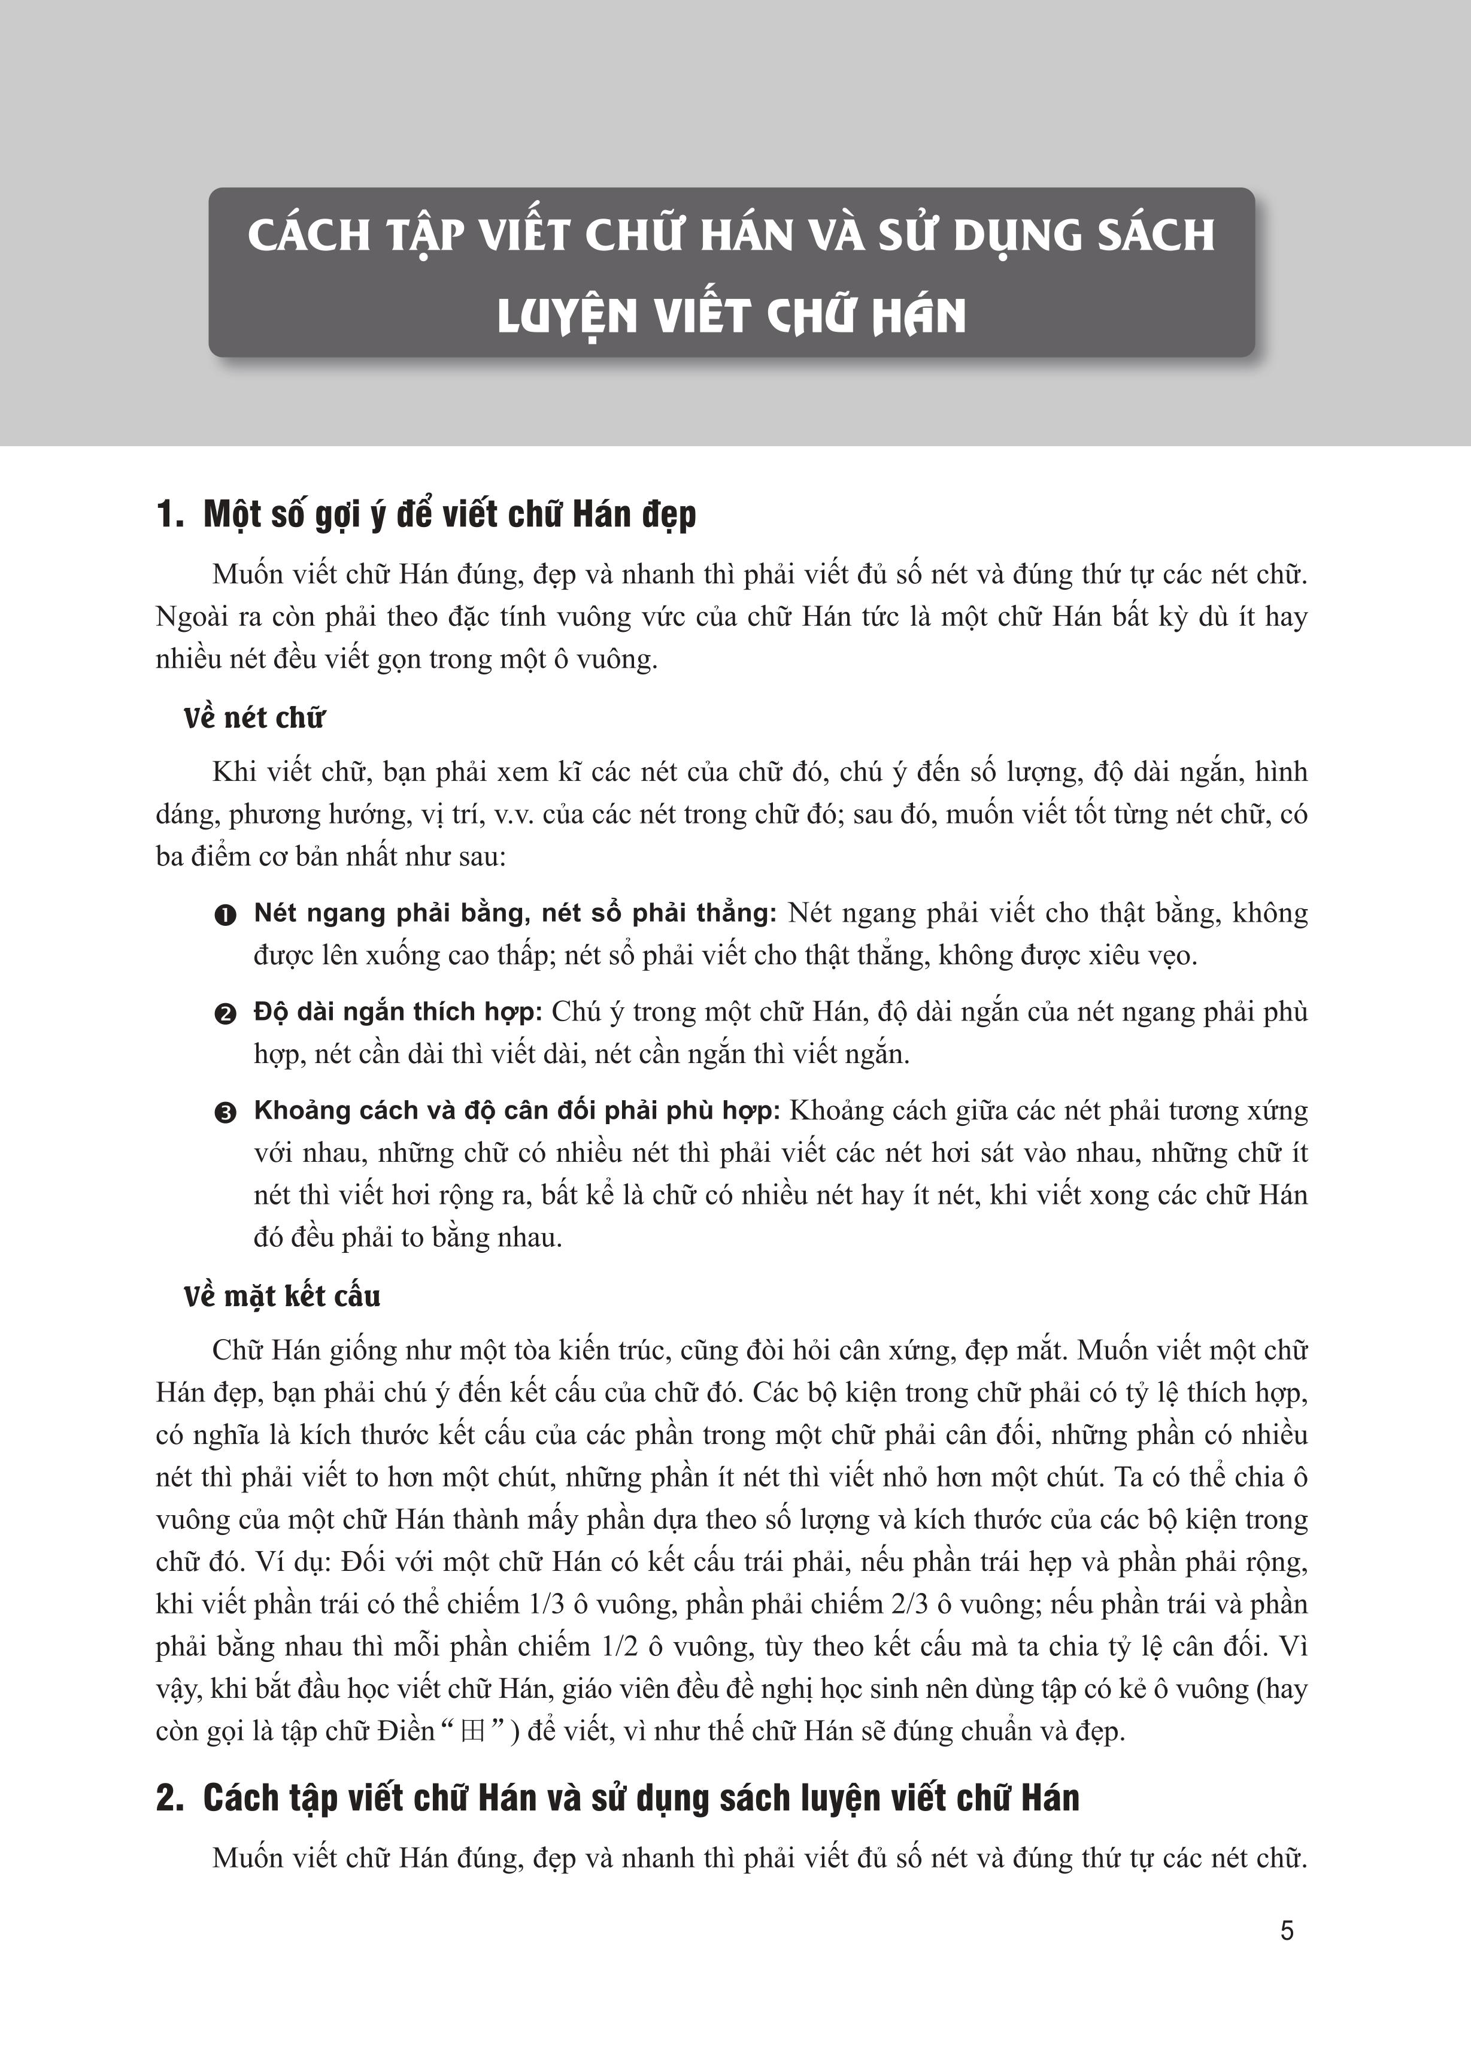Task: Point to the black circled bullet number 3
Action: (x=225, y=1112)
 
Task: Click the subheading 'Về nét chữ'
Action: (x=254, y=718)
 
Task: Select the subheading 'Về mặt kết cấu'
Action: (x=282, y=1296)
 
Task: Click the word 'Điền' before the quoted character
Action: (x=408, y=1732)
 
